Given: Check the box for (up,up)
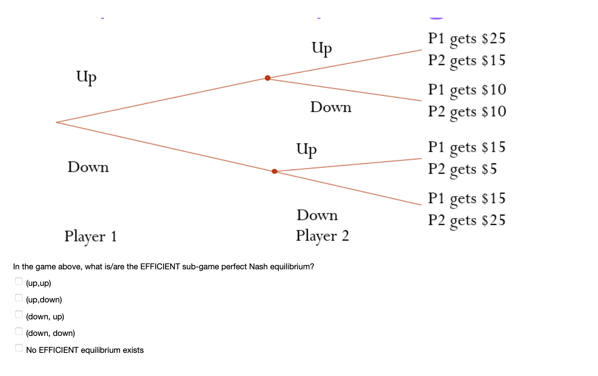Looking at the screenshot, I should tap(19, 281).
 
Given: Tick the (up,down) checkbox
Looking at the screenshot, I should tap(19, 298).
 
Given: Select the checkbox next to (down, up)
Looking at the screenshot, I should tap(19, 315).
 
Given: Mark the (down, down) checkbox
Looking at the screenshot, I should tap(19, 331).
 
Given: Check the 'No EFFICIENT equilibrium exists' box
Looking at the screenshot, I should tap(19, 348).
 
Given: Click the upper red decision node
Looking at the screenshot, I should tap(268, 78).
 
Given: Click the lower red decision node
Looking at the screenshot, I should tap(274, 171).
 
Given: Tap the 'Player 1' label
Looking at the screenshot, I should tap(91, 236).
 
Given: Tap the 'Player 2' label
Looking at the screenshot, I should tap(322, 236).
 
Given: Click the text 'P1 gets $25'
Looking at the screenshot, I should tap(467, 39).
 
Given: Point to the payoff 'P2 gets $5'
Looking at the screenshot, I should tap(462, 169).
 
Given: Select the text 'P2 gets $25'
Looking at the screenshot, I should tap(467, 220).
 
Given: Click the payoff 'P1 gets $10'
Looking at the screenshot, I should tap(467, 90).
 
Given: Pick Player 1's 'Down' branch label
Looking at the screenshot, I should tap(88, 167).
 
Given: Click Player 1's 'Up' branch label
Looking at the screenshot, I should tap(86, 77).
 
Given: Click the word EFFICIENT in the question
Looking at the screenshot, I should tap(160, 267).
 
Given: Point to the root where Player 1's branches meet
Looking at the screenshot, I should tap(57, 122).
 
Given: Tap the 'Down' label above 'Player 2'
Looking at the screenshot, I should tap(317, 215).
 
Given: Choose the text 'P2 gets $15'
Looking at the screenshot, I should tap(467, 61).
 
